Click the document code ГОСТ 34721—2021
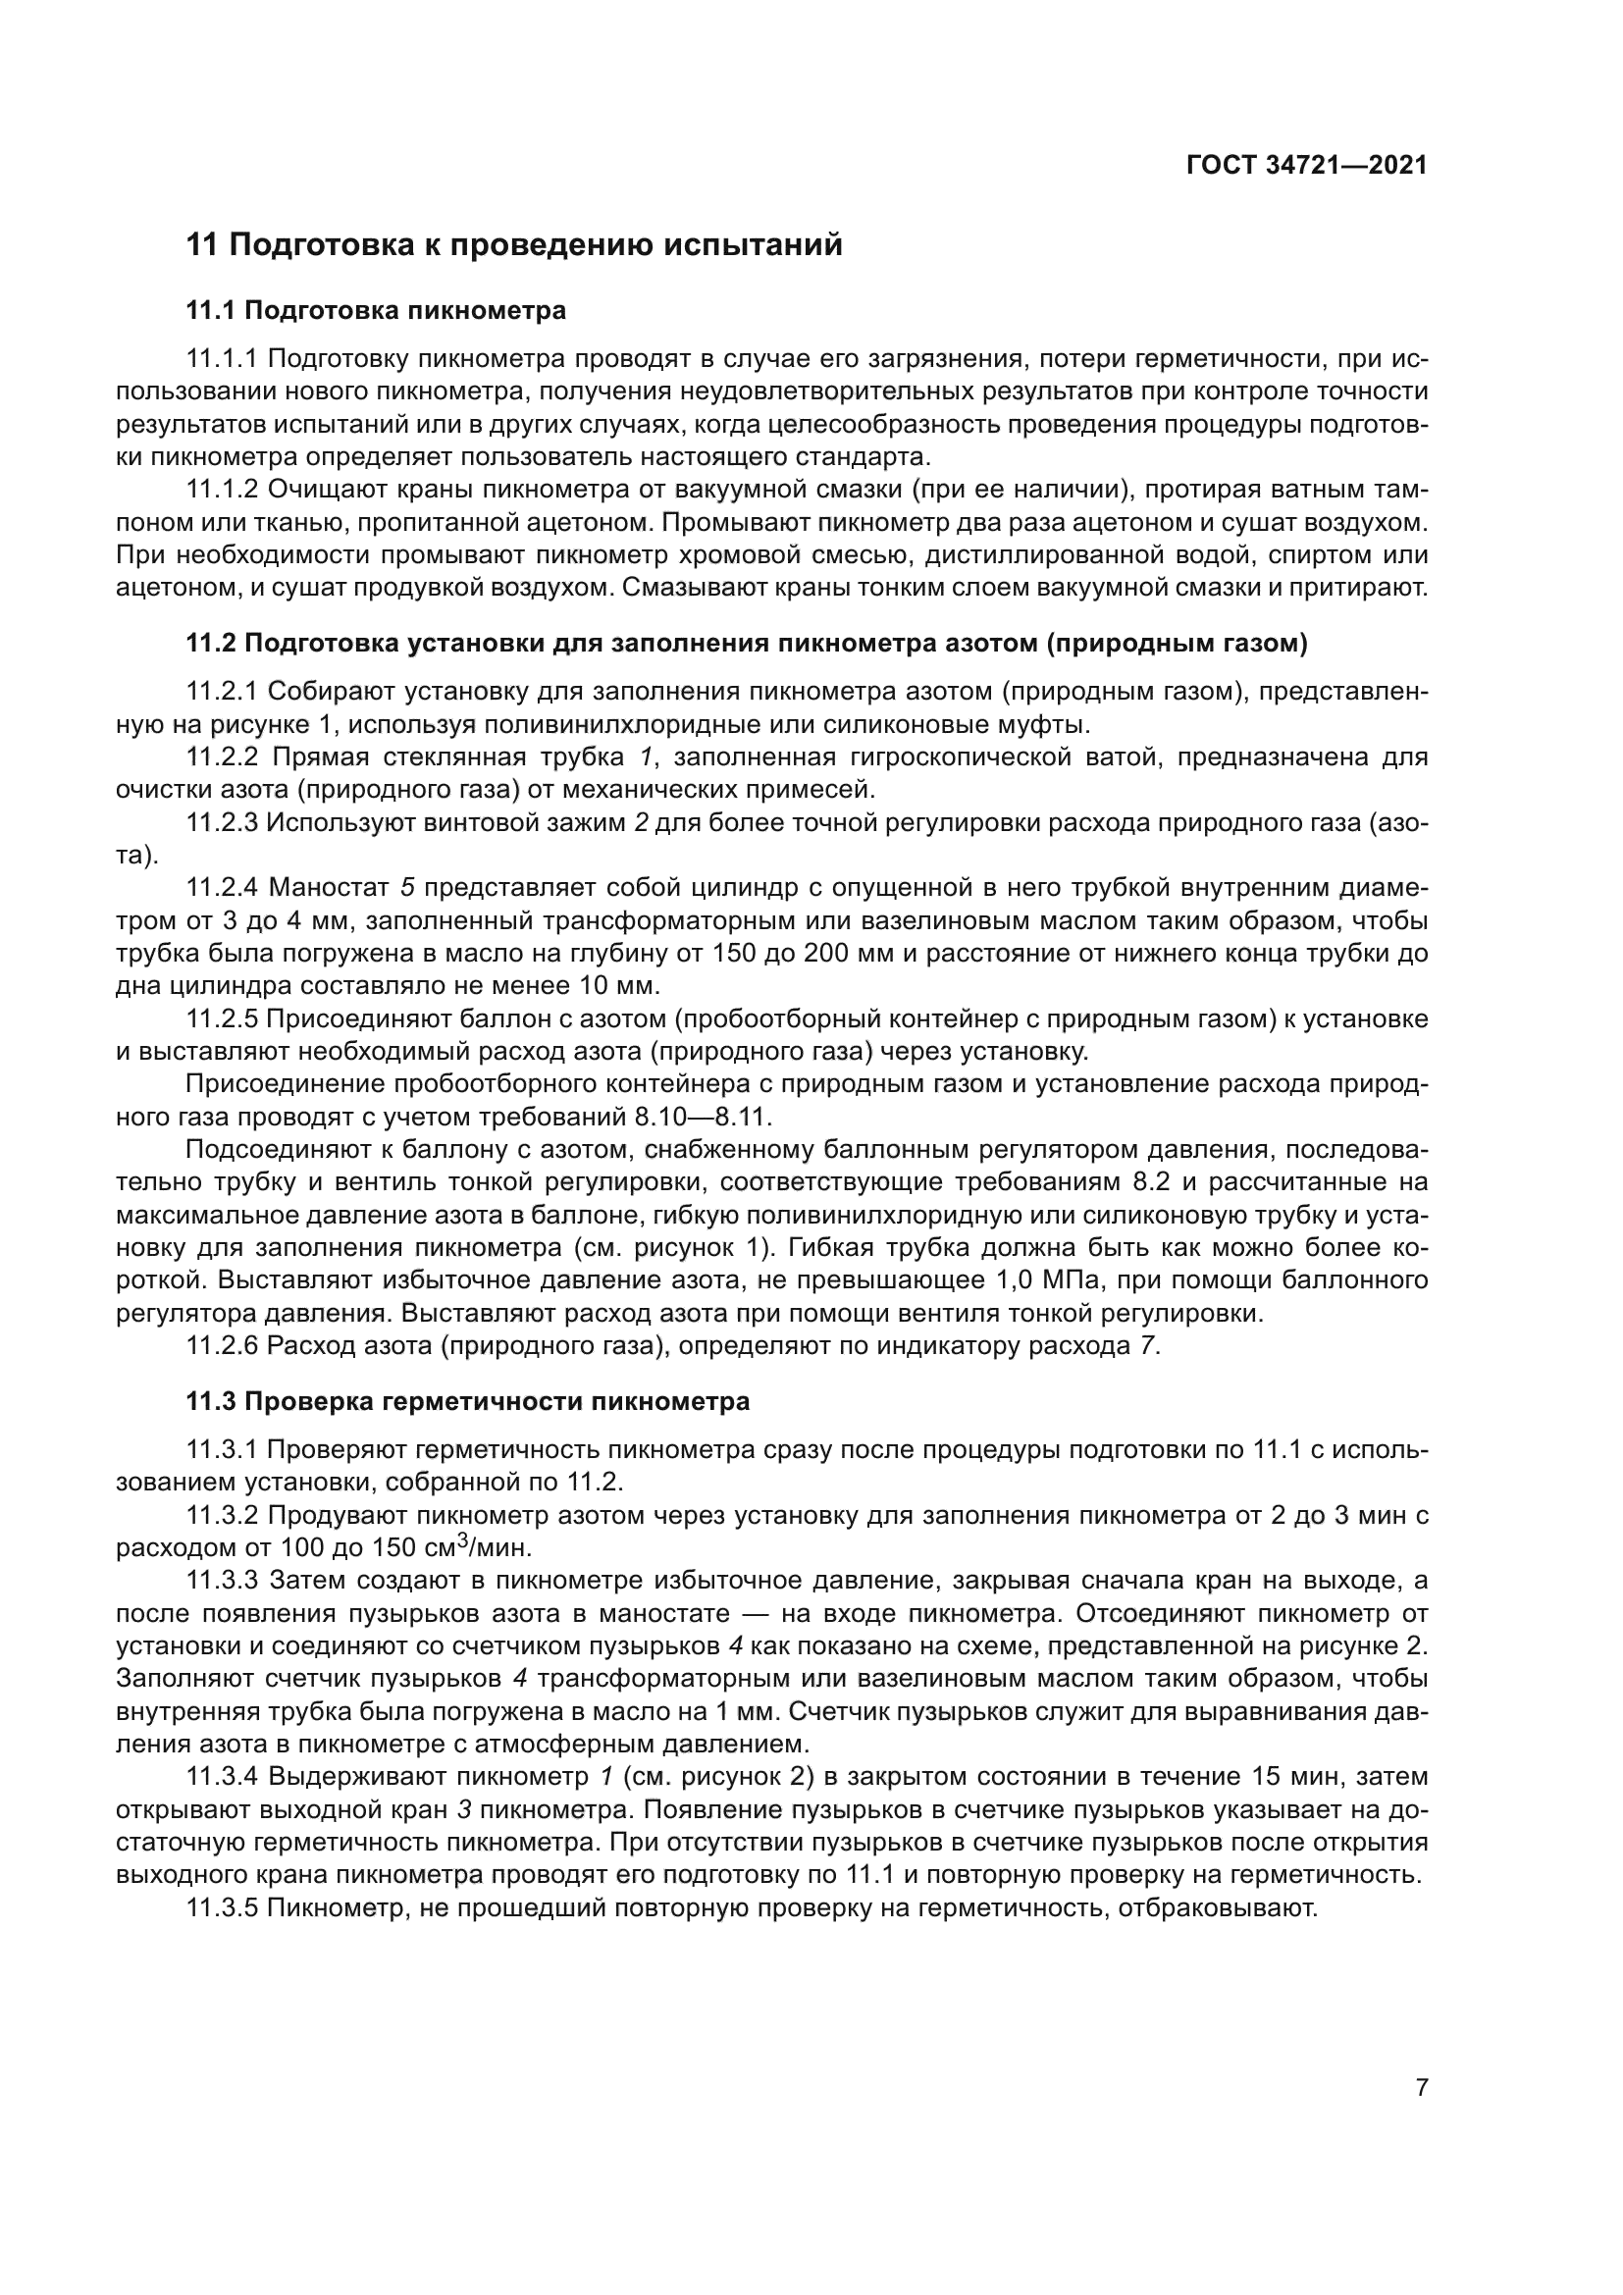tap(1306, 166)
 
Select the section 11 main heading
tap(515, 245)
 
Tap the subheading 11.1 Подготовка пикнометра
tap(376, 311)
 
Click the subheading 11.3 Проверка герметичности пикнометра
tap(468, 1402)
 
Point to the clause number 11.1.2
tap(222, 490)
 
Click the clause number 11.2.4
tap(222, 887)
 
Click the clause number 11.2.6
tap(222, 1346)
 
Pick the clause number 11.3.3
tap(222, 1582)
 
